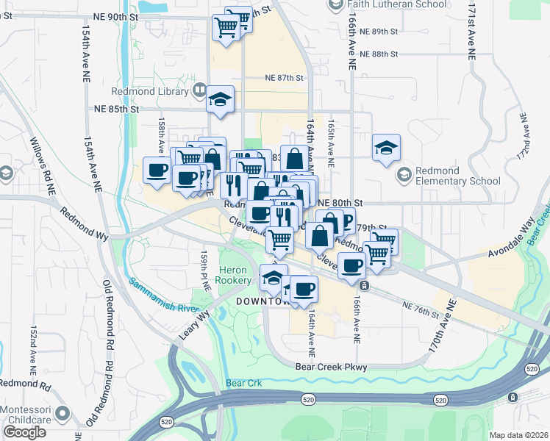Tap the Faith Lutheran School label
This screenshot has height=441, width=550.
(x=398, y=4)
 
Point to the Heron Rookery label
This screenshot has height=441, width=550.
(x=235, y=276)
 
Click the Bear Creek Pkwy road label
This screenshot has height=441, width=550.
(x=331, y=367)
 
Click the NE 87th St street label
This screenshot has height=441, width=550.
(x=284, y=78)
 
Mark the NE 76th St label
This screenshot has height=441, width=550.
(x=421, y=309)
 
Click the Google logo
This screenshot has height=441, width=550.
(x=24, y=432)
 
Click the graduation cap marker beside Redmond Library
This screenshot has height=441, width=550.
(x=220, y=100)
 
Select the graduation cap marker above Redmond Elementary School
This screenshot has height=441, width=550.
(x=386, y=148)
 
